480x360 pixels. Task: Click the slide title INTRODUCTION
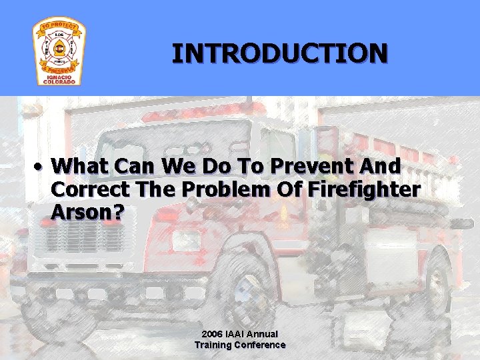pyautogui.click(x=279, y=53)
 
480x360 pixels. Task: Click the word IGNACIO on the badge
pyautogui.click(x=59, y=76)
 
